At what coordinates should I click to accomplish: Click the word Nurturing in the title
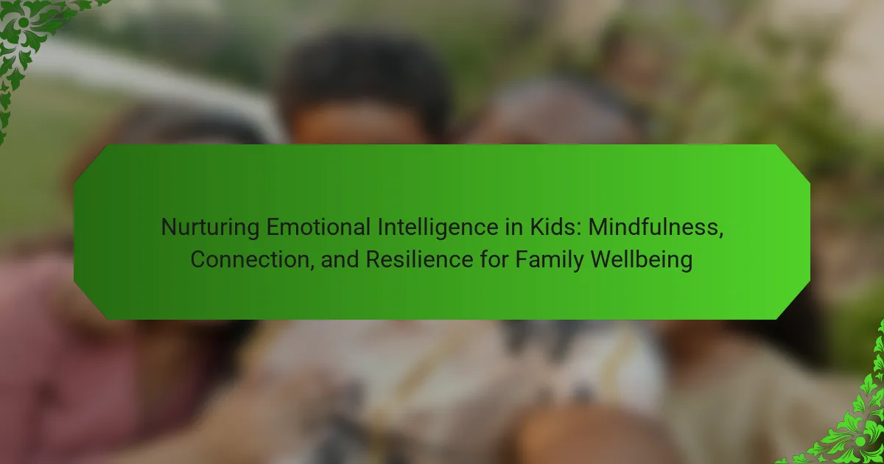click(211, 228)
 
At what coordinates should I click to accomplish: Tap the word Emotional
click(318, 228)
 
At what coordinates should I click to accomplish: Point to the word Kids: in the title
click(555, 228)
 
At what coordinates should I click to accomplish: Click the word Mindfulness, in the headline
click(656, 228)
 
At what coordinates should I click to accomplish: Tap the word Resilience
click(419, 259)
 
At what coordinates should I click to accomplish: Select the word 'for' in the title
click(494, 259)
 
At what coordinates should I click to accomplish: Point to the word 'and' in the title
click(340, 259)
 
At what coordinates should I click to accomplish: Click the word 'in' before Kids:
click(514, 228)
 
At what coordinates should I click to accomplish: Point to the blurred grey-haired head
click(561, 114)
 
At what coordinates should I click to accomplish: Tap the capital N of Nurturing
click(169, 228)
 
